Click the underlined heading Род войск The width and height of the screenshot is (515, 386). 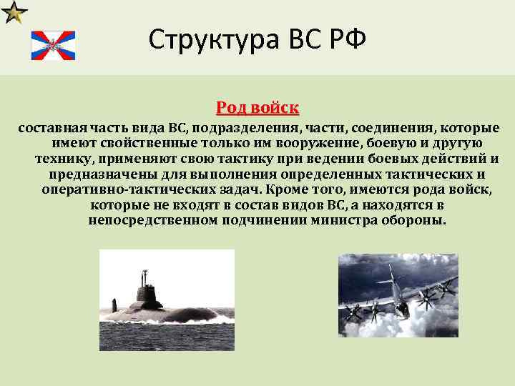click(x=257, y=108)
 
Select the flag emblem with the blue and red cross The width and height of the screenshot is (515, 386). click(x=52, y=46)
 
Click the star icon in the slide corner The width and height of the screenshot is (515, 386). click(x=14, y=12)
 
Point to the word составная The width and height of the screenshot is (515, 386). click(x=49, y=129)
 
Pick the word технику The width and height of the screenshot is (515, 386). click(x=64, y=159)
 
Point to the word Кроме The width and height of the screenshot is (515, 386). click(x=283, y=190)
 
